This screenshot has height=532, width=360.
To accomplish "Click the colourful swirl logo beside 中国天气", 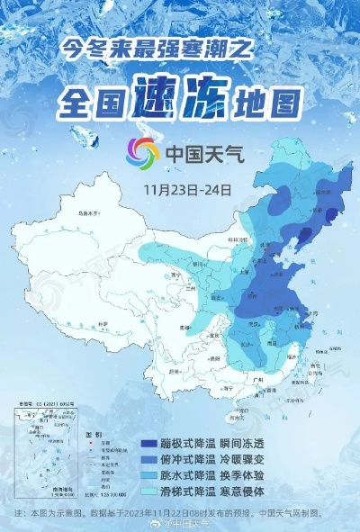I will pyautogui.click(x=141, y=153).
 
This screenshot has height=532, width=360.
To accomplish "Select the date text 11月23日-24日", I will pyautogui.click(x=187, y=191).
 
